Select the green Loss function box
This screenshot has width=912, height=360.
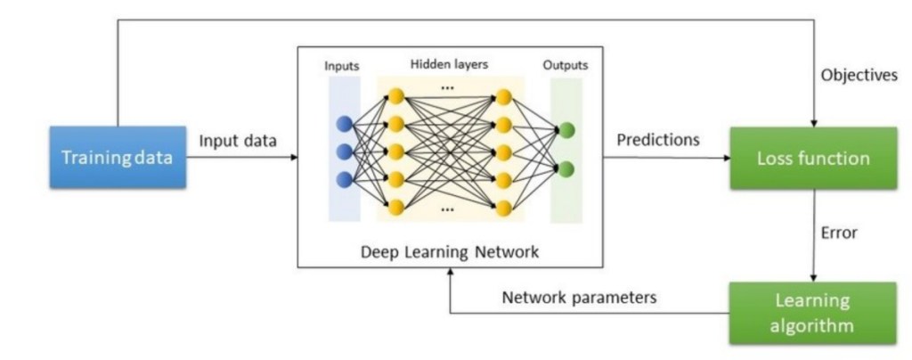(x=812, y=159)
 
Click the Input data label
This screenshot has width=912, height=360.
(x=238, y=141)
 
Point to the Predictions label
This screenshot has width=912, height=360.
(x=657, y=140)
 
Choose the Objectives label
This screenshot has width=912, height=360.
(x=859, y=76)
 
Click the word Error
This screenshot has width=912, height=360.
(x=838, y=233)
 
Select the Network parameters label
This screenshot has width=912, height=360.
(x=579, y=298)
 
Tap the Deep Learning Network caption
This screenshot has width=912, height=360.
(x=451, y=251)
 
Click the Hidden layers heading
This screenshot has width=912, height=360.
(x=449, y=65)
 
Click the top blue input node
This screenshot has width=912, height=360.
(x=344, y=125)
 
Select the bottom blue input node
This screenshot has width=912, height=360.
(x=344, y=179)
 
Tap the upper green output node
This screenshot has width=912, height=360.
(x=567, y=130)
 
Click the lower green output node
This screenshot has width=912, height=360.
(x=567, y=168)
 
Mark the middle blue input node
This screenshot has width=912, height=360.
(x=344, y=152)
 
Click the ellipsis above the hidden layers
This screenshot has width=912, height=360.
(x=448, y=87)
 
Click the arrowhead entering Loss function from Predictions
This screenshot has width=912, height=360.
(x=725, y=159)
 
